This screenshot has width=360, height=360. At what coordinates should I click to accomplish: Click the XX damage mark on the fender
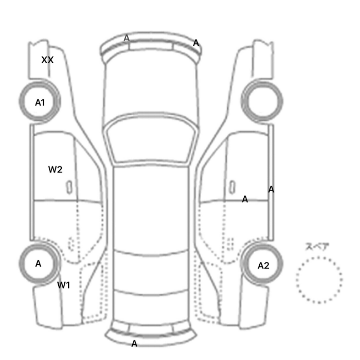[x=47, y=60]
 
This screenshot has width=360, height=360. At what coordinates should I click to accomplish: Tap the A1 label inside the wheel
[x=40, y=103]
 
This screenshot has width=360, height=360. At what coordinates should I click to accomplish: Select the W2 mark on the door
[x=55, y=169]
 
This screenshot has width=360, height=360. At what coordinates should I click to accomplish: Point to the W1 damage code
[x=63, y=285]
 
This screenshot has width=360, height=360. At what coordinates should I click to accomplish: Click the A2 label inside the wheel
[x=263, y=266]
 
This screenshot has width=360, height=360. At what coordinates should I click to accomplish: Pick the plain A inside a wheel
[x=39, y=264]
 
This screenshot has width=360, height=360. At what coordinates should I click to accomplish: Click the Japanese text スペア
[x=317, y=247]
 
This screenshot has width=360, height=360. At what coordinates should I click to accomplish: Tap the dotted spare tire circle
[x=319, y=258]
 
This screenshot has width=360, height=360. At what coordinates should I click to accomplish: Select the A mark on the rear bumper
[x=134, y=344]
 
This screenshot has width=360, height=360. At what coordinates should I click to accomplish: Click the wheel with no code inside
[x=262, y=101]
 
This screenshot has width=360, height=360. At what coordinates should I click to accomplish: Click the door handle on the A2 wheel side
[x=232, y=187]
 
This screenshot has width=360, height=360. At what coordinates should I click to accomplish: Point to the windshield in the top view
[x=151, y=138]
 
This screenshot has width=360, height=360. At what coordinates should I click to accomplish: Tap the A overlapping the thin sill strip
[x=271, y=190]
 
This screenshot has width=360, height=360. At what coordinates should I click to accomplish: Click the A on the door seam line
[x=245, y=200]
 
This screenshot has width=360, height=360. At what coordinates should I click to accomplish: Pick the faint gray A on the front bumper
[x=127, y=38]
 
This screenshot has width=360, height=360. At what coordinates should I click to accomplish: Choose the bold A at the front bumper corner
[x=196, y=43]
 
